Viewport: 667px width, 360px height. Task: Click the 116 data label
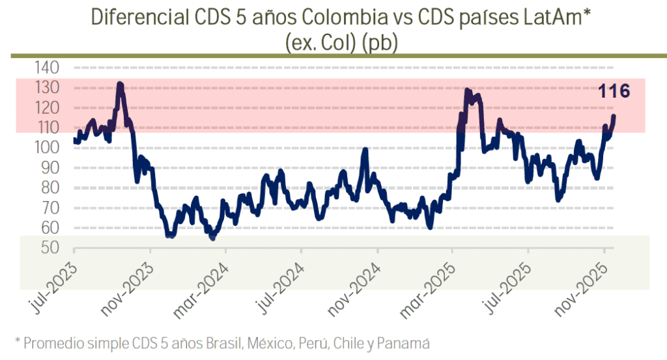[x=614, y=92]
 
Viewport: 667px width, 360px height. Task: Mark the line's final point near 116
[x=614, y=116]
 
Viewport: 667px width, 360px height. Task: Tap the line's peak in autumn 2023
[x=119, y=84]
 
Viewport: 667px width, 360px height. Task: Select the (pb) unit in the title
[x=380, y=42]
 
